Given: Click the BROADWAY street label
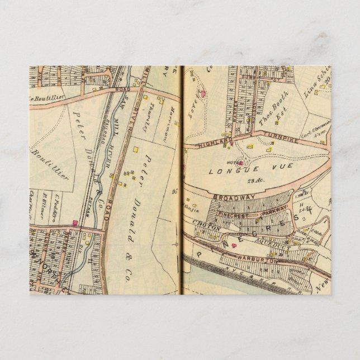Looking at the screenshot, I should click(x=233, y=197).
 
